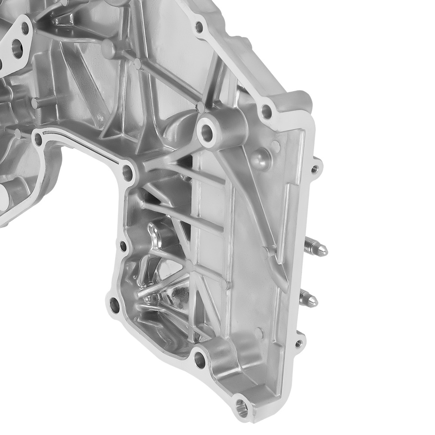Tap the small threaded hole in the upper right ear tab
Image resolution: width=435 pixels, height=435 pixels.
click(x=315, y=166)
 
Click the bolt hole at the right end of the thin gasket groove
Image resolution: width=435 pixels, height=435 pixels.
click(x=127, y=172)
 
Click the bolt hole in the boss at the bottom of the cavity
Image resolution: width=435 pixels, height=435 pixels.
click(x=200, y=359)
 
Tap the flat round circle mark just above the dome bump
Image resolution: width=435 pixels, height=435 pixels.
click(x=275, y=144)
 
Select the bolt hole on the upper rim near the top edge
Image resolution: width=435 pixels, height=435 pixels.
click(x=199, y=27)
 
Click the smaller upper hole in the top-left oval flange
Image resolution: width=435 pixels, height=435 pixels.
click(x=25, y=29)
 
